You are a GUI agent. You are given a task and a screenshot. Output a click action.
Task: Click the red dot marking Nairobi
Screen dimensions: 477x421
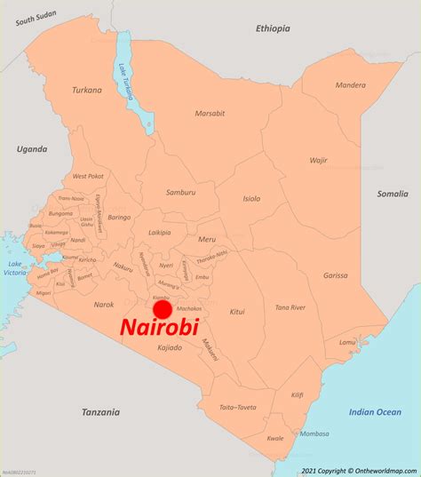(x=162, y=309)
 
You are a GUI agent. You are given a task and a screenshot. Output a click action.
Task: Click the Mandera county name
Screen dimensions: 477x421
(x=350, y=85)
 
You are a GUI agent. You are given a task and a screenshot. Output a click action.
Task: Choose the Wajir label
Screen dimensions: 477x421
(x=318, y=161)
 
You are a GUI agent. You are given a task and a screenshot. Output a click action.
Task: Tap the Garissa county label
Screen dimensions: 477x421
(x=335, y=275)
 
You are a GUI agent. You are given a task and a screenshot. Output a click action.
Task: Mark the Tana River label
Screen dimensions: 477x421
(x=290, y=307)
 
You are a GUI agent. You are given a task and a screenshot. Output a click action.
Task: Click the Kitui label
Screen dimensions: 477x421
(x=237, y=312)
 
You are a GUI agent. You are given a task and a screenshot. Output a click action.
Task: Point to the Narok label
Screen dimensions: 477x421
(x=104, y=305)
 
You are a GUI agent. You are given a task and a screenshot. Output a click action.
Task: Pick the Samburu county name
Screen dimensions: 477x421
(x=180, y=193)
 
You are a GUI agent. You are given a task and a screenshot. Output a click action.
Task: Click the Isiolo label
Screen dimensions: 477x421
(x=251, y=198)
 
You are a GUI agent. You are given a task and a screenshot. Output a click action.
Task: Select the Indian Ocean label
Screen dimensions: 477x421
(x=375, y=411)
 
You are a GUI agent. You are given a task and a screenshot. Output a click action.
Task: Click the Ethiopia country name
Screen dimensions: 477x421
(x=273, y=28)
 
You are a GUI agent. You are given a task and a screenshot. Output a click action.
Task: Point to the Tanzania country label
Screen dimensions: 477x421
(x=100, y=411)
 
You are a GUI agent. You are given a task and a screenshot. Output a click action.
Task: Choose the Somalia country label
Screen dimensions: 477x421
(x=391, y=194)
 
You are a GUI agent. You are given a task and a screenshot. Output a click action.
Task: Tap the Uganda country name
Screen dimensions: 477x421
(x=31, y=149)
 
